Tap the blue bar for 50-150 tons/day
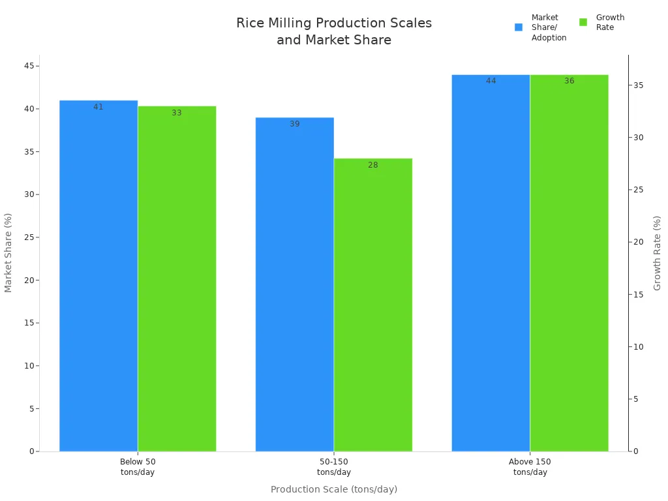[295, 284]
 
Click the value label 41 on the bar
[99, 107]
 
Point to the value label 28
[373, 165]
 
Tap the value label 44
[491, 81]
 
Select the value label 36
[569, 81]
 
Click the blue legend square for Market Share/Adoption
[519, 27]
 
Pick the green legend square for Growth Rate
[583, 22]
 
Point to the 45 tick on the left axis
[29, 66]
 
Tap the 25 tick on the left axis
[29, 237]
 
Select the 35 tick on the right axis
[638, 85]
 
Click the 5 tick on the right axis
[636, 399]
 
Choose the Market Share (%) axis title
[8, 252]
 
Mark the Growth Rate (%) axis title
[658, 253]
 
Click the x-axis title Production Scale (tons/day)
[334, 489]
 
